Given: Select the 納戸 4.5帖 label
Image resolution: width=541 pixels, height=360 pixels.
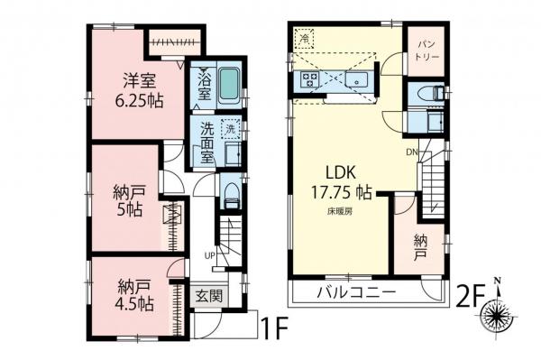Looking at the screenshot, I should point(133,296).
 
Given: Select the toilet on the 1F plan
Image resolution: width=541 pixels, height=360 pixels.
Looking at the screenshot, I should point(229,192).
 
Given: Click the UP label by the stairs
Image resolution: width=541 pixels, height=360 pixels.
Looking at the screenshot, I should point(209,254).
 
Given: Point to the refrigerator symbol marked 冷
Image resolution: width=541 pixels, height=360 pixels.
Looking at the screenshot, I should point(305,39).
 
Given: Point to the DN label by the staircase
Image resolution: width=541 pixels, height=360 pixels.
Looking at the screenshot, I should point(412,151).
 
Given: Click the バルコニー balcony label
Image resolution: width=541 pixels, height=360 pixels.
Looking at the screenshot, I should point(357,293).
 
